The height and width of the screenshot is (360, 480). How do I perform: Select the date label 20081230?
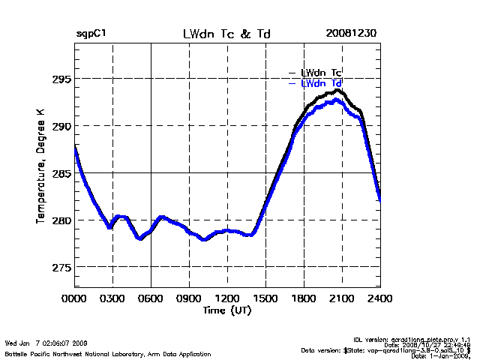tap(351, 34)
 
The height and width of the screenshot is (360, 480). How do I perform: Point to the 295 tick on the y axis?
tap(61, 79)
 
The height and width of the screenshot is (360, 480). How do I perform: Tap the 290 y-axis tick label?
tap(61, 126)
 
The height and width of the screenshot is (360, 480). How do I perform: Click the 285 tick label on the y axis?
tap(61, 173)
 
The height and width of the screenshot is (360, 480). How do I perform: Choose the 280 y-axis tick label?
tap(61, 220)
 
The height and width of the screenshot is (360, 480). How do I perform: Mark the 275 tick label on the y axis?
tap(61, 268)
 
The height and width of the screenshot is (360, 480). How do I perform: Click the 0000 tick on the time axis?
tap(74, 298)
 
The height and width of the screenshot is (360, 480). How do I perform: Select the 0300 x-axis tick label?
tap(112, 298)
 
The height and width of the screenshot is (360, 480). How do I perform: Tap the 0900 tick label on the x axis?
tap(189, 298)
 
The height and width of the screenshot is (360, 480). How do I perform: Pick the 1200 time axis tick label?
tap(227, 298)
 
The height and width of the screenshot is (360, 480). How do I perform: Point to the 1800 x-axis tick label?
tap(304, 298)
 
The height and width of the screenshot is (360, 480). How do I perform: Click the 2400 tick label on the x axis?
tap(380, 298)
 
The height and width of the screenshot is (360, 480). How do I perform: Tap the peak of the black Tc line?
tap(338, 90)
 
